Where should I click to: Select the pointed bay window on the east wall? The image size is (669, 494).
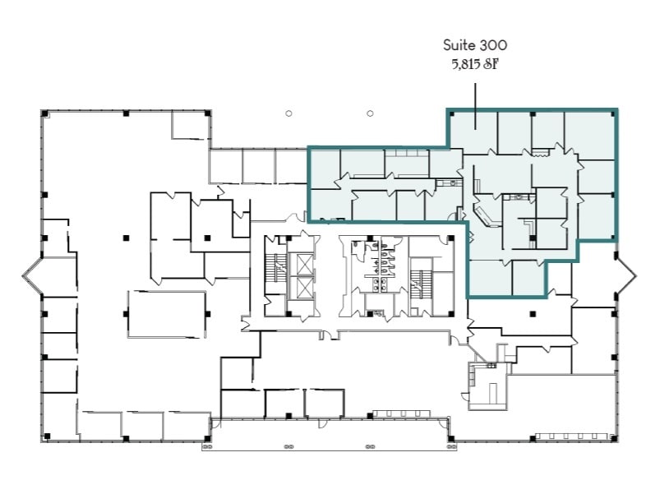(x=625, y=276)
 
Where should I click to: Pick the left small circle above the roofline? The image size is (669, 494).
(x=288, y=113)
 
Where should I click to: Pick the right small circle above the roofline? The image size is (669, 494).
(x=371, y=113)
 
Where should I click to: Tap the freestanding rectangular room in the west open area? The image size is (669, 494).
(x=167, y=314)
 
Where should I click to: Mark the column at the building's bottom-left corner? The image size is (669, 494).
(x=46, y=436)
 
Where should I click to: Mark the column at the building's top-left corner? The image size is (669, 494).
(x=44, y=113)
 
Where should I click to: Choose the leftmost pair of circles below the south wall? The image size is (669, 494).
(x=206, y=448)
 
